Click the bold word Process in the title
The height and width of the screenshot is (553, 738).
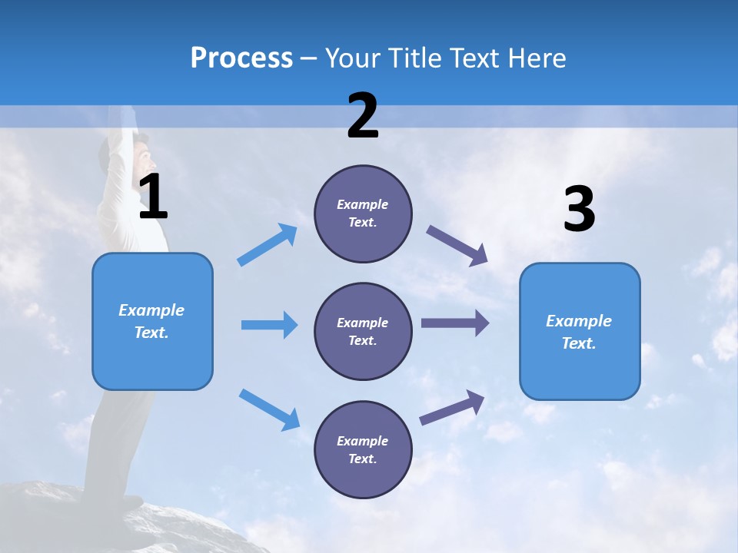point(241,58)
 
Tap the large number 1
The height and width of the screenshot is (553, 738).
point(153,197)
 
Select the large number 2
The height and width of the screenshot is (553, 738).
point(363,116)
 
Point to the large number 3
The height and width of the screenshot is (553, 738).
point(579,210)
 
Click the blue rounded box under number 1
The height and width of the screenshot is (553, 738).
point(152,321)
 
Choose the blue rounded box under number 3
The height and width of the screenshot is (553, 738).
point(580,331)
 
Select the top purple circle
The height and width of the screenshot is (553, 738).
point(363,214)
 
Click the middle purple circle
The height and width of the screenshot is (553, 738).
point(363,331)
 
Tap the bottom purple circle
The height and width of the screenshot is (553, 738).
point(363,449)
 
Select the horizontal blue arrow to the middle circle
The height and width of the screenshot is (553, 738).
point(269,325)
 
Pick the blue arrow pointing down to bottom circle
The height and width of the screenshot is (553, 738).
point(270,409)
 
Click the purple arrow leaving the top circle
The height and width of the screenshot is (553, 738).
point(457,246)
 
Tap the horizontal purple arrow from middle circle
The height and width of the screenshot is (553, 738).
point(454,323)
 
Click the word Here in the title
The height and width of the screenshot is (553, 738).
point(537,58)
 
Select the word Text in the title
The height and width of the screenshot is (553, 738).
point(474,58)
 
